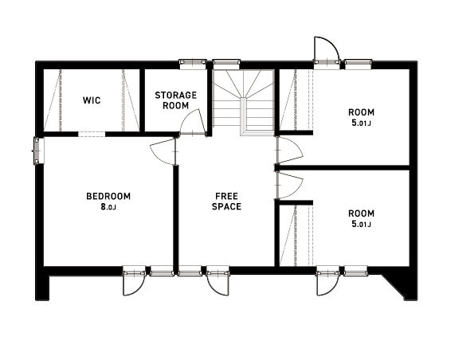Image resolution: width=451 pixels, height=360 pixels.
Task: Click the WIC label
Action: [92, 100]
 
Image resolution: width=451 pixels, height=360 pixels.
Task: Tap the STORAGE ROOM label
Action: [176, 100]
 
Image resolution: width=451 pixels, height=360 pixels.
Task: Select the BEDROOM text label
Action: [108, 197]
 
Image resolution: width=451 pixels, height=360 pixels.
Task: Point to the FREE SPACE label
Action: [226, 202]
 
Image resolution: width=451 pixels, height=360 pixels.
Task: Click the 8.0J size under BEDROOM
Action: [108, 207]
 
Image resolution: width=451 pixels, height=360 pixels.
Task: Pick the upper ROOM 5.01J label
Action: [361, 117]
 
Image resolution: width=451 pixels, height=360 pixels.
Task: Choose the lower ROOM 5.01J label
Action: [361, 218]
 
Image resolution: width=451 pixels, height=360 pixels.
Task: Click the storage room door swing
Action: [193, 122]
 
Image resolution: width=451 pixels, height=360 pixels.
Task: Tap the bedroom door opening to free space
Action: [163, 151]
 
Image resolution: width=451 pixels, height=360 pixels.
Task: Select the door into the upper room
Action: [289, 151]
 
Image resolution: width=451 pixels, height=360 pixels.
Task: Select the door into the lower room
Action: [289, 185]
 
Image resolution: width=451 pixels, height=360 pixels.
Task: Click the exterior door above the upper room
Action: [327, 50]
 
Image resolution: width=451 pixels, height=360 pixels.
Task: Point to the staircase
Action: [243, 102]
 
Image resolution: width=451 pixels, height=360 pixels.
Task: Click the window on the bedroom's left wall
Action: [39, 151]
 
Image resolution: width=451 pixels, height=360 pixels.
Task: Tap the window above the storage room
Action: [193, 64]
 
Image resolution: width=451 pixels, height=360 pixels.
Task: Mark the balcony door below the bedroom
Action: [134, 281]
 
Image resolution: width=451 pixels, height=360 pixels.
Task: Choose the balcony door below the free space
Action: [218, 281]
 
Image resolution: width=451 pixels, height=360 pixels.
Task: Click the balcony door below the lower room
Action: [328, 281]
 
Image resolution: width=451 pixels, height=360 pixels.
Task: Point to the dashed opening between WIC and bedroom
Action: [92, 134]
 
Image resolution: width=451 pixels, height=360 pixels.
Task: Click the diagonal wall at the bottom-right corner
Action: [394, 286]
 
